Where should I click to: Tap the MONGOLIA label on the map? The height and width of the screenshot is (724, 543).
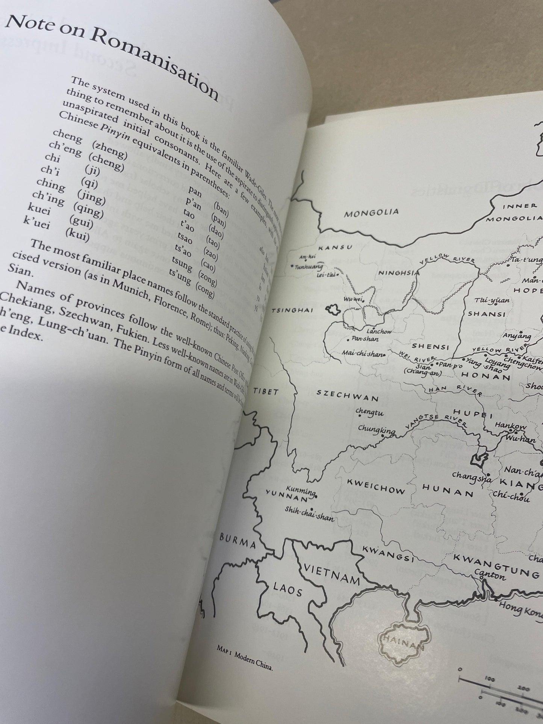click(371, 213)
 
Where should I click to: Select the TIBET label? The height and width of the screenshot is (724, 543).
click(266, 392)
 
